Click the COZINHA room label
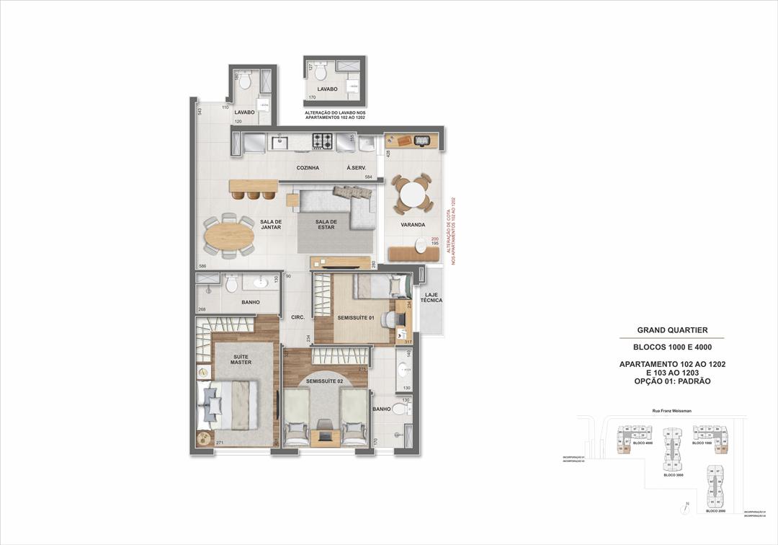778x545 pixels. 308,168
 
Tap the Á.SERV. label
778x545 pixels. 356,168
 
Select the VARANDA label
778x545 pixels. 413,225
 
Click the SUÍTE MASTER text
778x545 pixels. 241,359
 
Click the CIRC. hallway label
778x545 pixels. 298,317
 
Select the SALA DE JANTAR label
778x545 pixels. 271,224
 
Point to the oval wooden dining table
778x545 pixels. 229,236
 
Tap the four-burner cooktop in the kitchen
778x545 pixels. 322,142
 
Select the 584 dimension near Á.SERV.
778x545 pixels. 368,177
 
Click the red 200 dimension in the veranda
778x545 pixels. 434,239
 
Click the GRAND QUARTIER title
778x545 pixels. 672,330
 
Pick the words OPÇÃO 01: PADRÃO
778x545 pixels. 672,381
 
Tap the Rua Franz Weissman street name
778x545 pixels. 671,411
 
